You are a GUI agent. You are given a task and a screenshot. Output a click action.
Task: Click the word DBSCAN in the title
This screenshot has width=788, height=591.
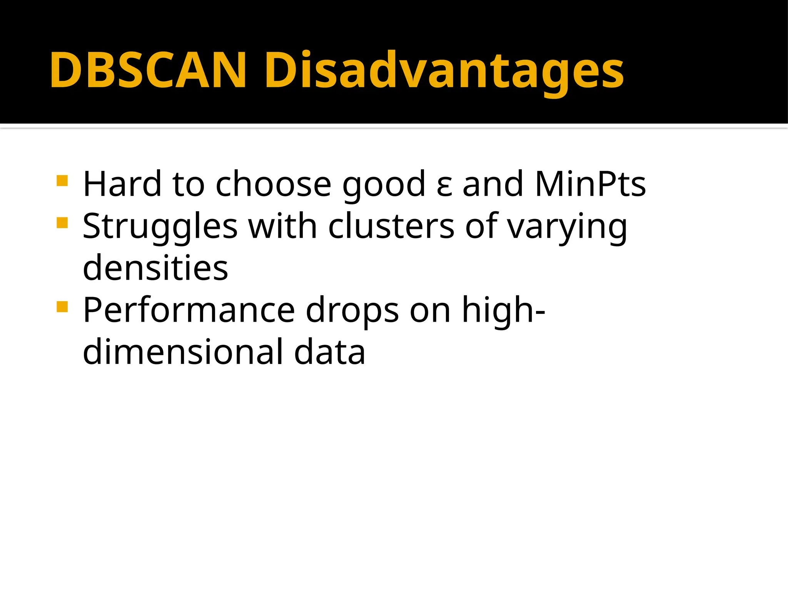[148, 70]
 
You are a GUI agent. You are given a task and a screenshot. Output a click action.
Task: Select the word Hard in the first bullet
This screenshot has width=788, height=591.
[122, 184]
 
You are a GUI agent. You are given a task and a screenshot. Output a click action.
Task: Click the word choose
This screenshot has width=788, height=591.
[273, 184]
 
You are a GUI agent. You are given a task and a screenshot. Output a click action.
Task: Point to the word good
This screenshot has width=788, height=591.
[384, 185]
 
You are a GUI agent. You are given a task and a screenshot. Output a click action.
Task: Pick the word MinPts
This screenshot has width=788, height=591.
[590, 184]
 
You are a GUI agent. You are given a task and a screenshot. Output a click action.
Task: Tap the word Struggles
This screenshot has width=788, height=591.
[160, 227]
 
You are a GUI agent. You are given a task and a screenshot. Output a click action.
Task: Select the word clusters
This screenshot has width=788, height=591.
[391, 226]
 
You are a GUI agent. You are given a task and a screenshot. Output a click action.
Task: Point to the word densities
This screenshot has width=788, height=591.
[155, 268]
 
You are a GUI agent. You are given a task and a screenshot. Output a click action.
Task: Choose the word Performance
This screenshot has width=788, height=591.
[189, 310]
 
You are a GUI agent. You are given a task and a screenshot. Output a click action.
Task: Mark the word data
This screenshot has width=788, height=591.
[329, 352]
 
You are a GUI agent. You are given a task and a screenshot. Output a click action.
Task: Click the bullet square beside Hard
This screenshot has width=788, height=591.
[62, 180]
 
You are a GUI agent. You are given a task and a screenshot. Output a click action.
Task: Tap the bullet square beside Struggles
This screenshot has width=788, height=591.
[62, 223]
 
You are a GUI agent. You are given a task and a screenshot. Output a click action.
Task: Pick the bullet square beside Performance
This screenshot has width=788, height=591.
[62, 307]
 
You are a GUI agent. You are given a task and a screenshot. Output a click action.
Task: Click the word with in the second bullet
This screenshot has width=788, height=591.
[283, 226]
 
